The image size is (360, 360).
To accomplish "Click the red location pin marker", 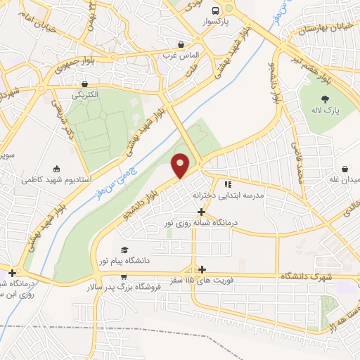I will click(x=181, y=165).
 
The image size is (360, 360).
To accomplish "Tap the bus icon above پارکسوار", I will click(x=217, y=10).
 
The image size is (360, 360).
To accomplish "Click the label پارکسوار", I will click(x=216, y=22).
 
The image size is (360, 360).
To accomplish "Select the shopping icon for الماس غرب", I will click(x=182, y=43).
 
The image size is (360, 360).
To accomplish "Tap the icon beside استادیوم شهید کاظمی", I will click(x=56, y=169).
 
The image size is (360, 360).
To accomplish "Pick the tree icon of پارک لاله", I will click(x=324, y=100).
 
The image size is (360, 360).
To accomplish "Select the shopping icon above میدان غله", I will click(x=345, y=169).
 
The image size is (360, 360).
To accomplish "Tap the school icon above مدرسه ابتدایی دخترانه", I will click(x=227, y=184).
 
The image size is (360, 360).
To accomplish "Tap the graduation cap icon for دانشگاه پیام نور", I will click(x=124, y=250).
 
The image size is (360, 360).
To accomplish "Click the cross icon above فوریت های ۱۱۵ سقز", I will click(x=202, y=269).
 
